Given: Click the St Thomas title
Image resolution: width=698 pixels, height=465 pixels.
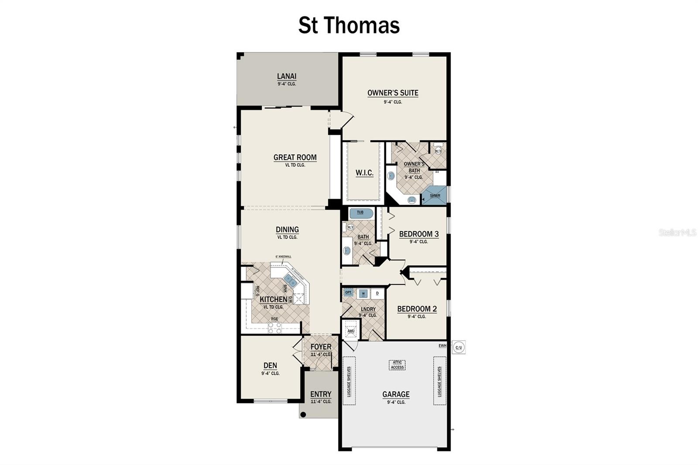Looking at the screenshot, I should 349,25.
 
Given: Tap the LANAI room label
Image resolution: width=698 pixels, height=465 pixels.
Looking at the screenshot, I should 287,76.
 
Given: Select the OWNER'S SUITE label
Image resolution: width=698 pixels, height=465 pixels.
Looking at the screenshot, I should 393,93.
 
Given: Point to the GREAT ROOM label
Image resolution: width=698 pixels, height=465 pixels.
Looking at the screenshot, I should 295,157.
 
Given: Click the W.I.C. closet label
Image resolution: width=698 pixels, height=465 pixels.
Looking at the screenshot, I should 364,173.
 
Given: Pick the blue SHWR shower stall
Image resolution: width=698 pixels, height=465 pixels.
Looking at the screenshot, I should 435,195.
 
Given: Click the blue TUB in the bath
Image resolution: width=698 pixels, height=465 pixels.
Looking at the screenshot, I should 361,213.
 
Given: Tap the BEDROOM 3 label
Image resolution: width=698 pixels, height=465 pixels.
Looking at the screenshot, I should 419,234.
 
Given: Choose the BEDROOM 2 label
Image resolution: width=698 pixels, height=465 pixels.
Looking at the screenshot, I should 417,309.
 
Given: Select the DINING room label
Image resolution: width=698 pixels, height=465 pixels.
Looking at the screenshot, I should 287,230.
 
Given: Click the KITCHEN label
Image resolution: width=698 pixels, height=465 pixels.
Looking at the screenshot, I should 274,300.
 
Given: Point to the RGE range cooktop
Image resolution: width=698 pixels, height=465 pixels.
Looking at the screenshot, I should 275,328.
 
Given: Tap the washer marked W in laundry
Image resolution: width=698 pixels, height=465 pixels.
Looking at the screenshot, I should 363,294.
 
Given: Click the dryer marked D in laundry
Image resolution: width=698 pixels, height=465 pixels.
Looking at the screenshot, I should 377,294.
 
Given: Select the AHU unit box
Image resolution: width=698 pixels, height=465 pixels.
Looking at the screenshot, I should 351,331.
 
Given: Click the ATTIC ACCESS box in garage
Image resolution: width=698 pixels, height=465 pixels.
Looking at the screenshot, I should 397,365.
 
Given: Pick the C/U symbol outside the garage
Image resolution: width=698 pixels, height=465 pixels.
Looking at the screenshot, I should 458,347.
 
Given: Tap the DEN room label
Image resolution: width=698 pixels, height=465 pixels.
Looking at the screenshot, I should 270,366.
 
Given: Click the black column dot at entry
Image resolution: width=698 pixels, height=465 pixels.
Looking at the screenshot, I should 303,414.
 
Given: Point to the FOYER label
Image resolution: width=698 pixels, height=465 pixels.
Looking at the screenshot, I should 321,347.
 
